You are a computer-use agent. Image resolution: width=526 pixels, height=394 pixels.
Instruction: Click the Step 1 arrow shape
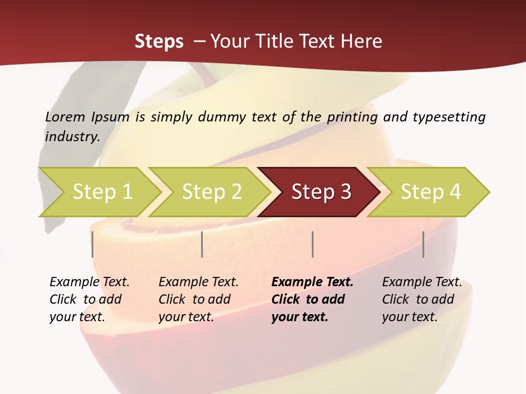(102, 192)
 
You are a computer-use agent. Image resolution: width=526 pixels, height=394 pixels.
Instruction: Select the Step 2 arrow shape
(211, 192)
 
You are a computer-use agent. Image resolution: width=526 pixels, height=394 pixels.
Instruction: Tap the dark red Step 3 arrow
(321, 192)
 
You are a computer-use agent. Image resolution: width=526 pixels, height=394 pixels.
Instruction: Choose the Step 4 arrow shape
(431, 192)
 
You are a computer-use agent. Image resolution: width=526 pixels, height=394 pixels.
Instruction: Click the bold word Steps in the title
(159, 42)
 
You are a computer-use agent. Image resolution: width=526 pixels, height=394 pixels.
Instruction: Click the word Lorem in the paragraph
(65, 117)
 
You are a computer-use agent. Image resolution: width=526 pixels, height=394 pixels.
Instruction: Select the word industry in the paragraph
(72, 136)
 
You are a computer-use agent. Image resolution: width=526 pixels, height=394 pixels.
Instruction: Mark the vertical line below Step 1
(93, 244)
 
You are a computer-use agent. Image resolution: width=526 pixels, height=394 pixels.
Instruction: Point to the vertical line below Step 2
(202, 244)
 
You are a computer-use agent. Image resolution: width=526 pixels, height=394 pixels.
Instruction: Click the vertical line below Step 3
(312, 244)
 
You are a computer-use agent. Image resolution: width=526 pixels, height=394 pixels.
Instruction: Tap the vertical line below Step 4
(423, 244)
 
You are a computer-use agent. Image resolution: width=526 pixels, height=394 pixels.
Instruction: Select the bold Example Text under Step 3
(312, 282)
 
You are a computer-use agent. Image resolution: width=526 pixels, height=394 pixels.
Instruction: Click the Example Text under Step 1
(89, 282)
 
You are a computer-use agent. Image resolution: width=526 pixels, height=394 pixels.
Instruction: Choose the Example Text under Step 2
(198, 282)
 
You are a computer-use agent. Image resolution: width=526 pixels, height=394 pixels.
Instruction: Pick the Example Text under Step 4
(422, 282)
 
